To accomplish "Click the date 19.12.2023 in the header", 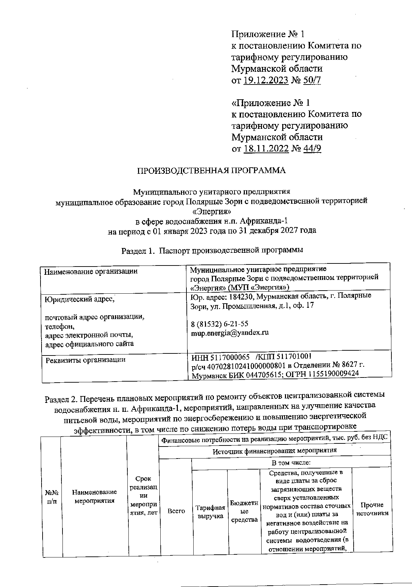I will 266,80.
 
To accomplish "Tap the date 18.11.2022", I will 266,148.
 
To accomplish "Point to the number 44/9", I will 312,148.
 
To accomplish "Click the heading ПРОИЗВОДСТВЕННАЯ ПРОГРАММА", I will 211,171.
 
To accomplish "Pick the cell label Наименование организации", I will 91,271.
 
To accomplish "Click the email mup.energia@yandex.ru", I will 229,332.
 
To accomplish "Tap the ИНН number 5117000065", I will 227,358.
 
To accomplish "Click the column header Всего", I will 176,511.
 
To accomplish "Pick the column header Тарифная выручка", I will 210,511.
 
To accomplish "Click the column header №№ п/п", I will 51,497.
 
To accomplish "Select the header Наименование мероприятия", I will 94,497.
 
